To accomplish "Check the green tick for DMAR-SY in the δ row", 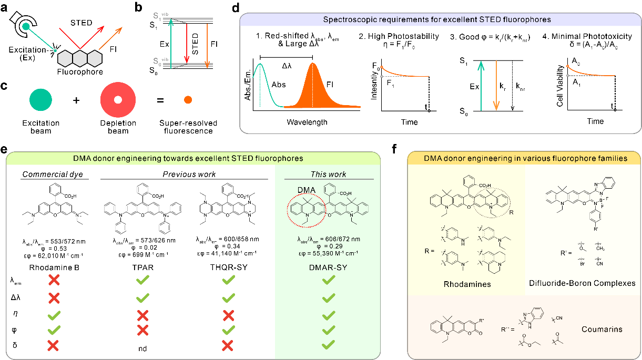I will pos(329,345).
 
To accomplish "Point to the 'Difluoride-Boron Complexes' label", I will pos(582,283).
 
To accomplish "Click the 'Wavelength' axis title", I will pos(307,122).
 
